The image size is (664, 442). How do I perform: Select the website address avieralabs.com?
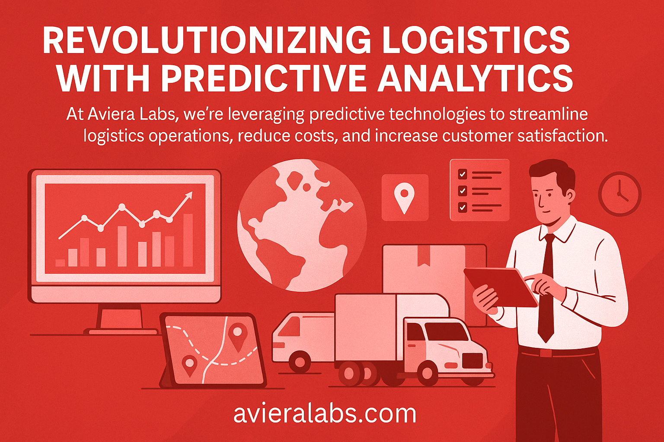[x=325, y=413]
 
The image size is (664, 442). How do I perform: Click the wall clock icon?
[x=619, y=194]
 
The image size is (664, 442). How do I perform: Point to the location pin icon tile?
[x=405, y=197]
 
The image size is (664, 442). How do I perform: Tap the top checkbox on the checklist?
[x=463, y=174]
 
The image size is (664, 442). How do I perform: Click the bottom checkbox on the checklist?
[x=463, y=207]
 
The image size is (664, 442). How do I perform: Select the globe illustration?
[x=302, y=224]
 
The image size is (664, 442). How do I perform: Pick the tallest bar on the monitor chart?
[x=188, y=240]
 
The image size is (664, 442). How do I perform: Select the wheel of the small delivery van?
[x=300, y=362]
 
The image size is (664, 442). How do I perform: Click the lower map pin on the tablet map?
[x=189, y=365]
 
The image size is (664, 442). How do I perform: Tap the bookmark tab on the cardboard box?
[x=423, y=257]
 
